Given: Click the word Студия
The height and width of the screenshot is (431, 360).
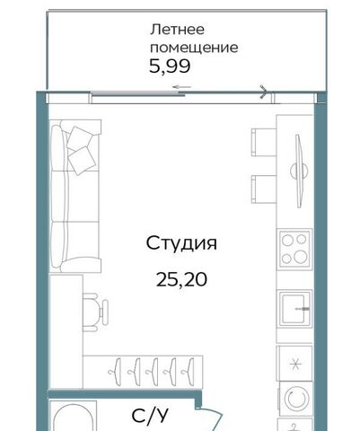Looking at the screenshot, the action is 181,243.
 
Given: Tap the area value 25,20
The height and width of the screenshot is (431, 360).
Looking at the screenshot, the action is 181,280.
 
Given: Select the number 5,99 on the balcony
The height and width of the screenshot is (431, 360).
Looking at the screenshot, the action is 170,66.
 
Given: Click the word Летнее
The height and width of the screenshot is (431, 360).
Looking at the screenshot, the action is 178,30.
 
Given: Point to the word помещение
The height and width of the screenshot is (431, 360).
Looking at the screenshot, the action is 194,48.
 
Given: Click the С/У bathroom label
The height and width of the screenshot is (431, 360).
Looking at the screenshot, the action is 150,416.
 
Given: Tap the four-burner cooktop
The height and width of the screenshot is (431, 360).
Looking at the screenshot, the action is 294,249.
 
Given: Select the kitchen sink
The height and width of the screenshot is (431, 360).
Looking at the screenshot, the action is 295,309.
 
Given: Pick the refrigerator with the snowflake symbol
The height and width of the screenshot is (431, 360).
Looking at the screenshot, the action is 294,364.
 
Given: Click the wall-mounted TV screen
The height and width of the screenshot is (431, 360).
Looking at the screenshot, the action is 299,172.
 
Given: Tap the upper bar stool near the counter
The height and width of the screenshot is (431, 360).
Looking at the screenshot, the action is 264,142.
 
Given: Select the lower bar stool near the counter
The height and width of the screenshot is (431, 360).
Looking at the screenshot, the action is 264,189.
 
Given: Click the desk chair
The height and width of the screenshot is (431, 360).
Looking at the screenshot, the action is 95,312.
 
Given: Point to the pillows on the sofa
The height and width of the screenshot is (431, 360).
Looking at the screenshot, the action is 82,150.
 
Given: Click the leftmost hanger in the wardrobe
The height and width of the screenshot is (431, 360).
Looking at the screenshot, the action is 115,371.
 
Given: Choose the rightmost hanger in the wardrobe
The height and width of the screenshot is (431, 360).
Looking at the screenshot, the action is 188,371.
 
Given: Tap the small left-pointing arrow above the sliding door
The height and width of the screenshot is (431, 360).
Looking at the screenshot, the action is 181,87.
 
